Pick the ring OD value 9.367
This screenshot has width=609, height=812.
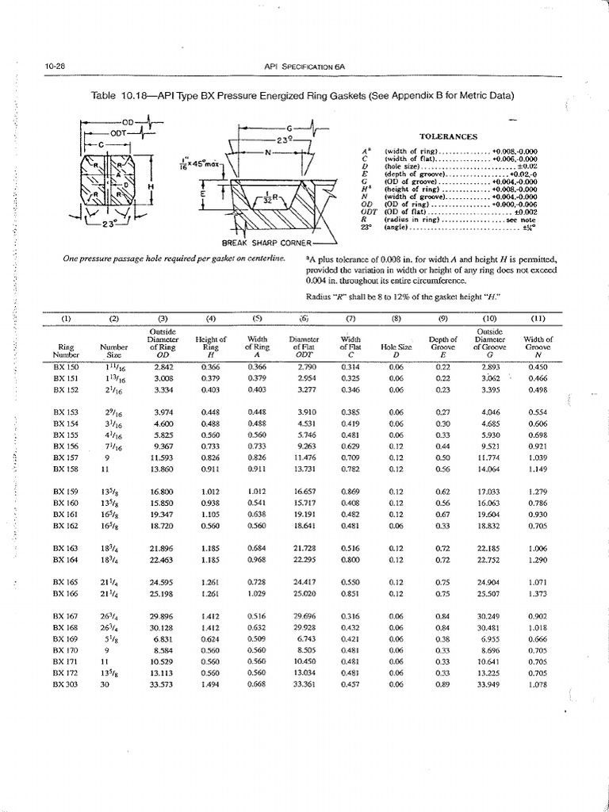click(163, 446)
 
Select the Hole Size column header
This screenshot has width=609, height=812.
click(394, 347)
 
